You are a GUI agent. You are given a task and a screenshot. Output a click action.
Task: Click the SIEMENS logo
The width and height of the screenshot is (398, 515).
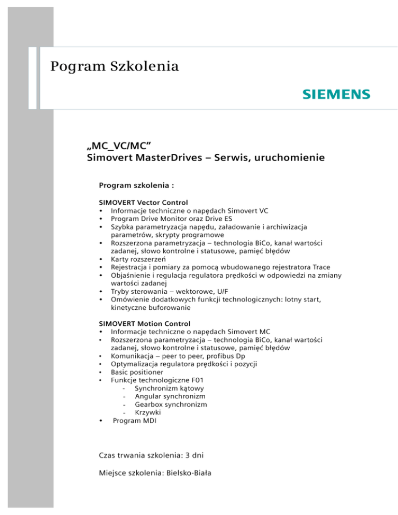(336, 94)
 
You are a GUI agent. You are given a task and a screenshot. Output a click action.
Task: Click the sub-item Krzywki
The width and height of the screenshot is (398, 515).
(148, 412)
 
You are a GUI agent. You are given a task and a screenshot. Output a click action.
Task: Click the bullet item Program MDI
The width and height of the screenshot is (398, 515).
(134, 420)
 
